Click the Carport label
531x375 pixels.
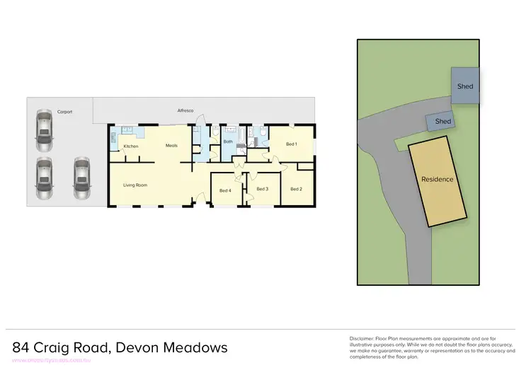pos(65,112)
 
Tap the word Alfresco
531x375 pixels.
pos(185,111)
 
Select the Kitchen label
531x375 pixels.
pos(130,146)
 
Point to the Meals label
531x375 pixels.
pos(171,146)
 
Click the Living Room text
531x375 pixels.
pos(135,185)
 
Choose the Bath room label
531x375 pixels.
pos(228,142)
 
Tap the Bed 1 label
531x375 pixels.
pos(291,144)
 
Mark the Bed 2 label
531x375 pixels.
pos(296,189)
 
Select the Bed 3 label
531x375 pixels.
pos(263,189)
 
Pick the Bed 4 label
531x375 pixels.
pos(225,190)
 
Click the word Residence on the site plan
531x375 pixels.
pos(437,179)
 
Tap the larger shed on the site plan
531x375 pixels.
pos(464,86)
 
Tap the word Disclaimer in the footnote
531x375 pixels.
pos(363,339)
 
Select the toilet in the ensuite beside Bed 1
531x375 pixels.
pos(262,132)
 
